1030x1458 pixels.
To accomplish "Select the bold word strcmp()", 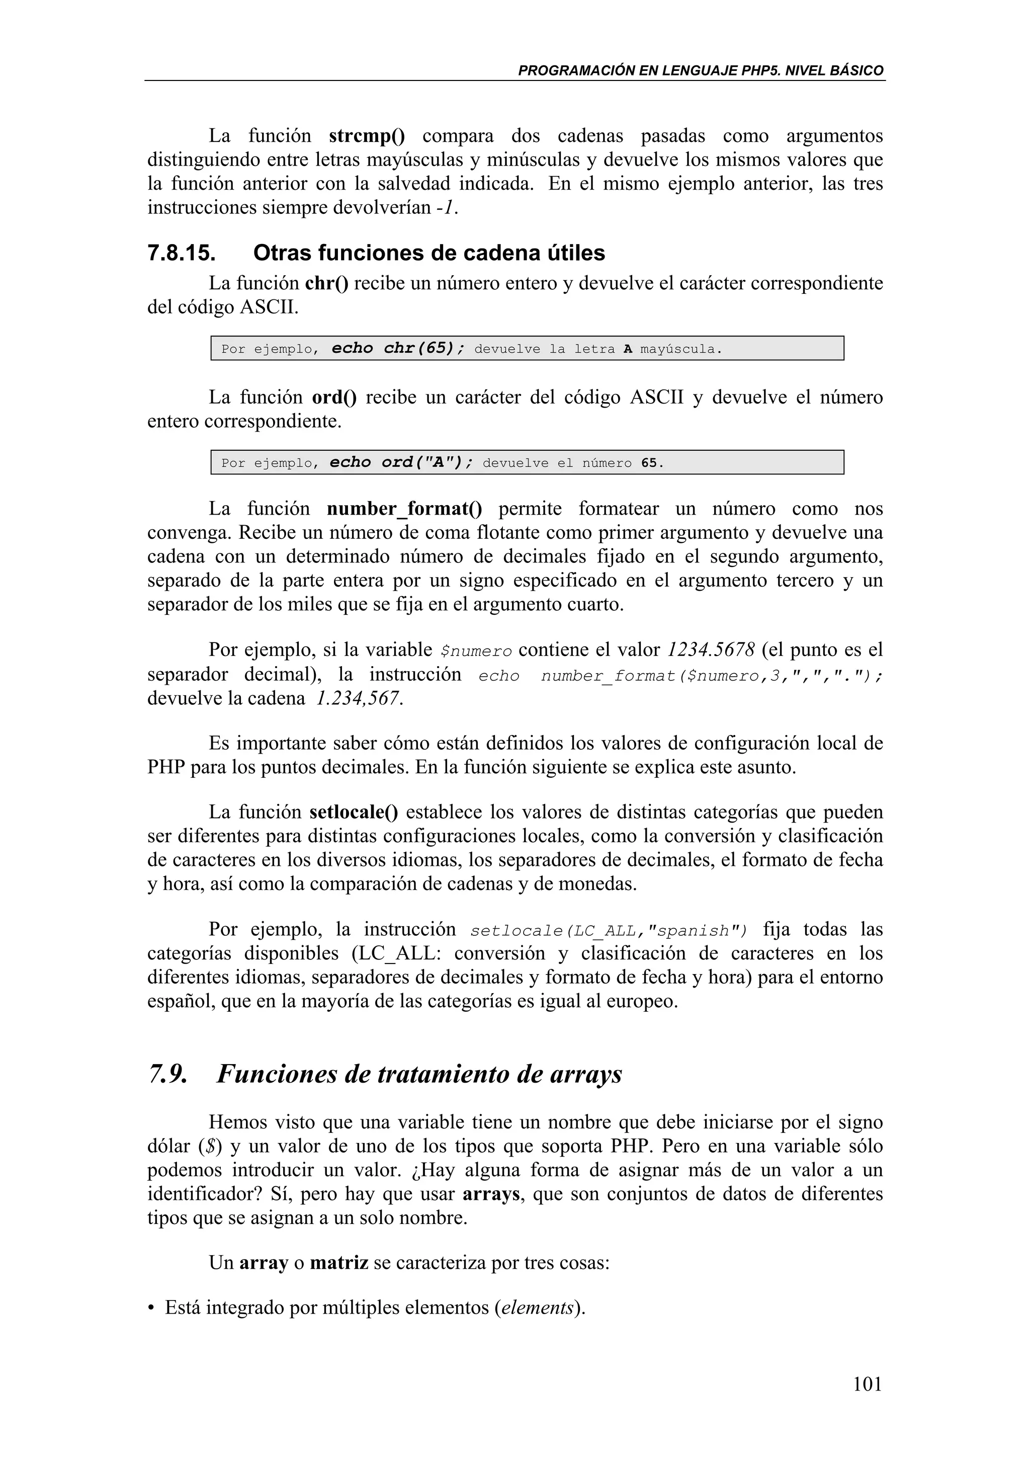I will (x=367, y=136).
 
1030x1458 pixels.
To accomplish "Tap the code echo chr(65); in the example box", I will (x=398, y=349).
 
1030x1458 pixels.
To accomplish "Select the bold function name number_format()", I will (x=404, y=509).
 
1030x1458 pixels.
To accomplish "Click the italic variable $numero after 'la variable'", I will (x=476, y=651).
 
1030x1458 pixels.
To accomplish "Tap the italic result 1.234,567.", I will (x=359, y=698).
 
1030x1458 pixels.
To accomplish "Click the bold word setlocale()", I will (x=354, y=812).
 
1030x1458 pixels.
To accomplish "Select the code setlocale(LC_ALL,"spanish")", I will (x=609, y=931).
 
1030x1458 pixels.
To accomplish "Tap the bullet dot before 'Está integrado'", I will (x=151, y=1308).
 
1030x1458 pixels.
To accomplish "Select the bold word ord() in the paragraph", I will (x=334, y=397).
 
